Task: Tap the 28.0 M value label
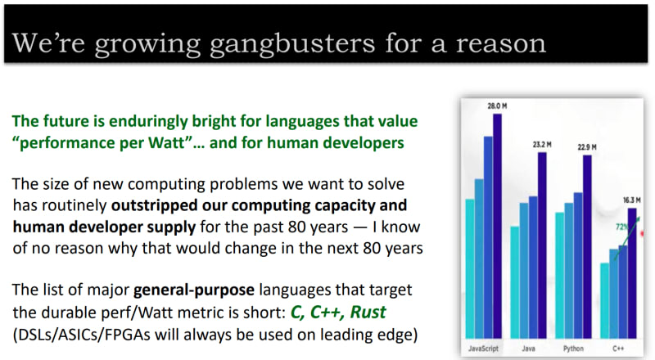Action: (x=497, y=106)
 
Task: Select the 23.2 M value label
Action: (x=542, y=145)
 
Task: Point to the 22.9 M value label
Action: (x=587, y=147)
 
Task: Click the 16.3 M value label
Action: (x=631, y=200)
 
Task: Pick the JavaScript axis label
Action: (x=483, y=349)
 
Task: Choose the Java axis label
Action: (x=528, y=349)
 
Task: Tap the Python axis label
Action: (x=573, y=349)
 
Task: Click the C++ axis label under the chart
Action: (x=618, y=349)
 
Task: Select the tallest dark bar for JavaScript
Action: (x=497, y=226)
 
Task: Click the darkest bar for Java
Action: (x=542, y=245)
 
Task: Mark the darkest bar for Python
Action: (x=587, y=246)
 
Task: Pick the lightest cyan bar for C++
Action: (x=604, y=301)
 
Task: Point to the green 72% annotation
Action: (x=621, y=227)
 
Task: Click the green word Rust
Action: (x=368, y=312)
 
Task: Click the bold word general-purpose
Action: (x=194, y=290)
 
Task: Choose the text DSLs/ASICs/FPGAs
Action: (x=81, y=335)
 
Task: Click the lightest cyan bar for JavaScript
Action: (x=470, y=268)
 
